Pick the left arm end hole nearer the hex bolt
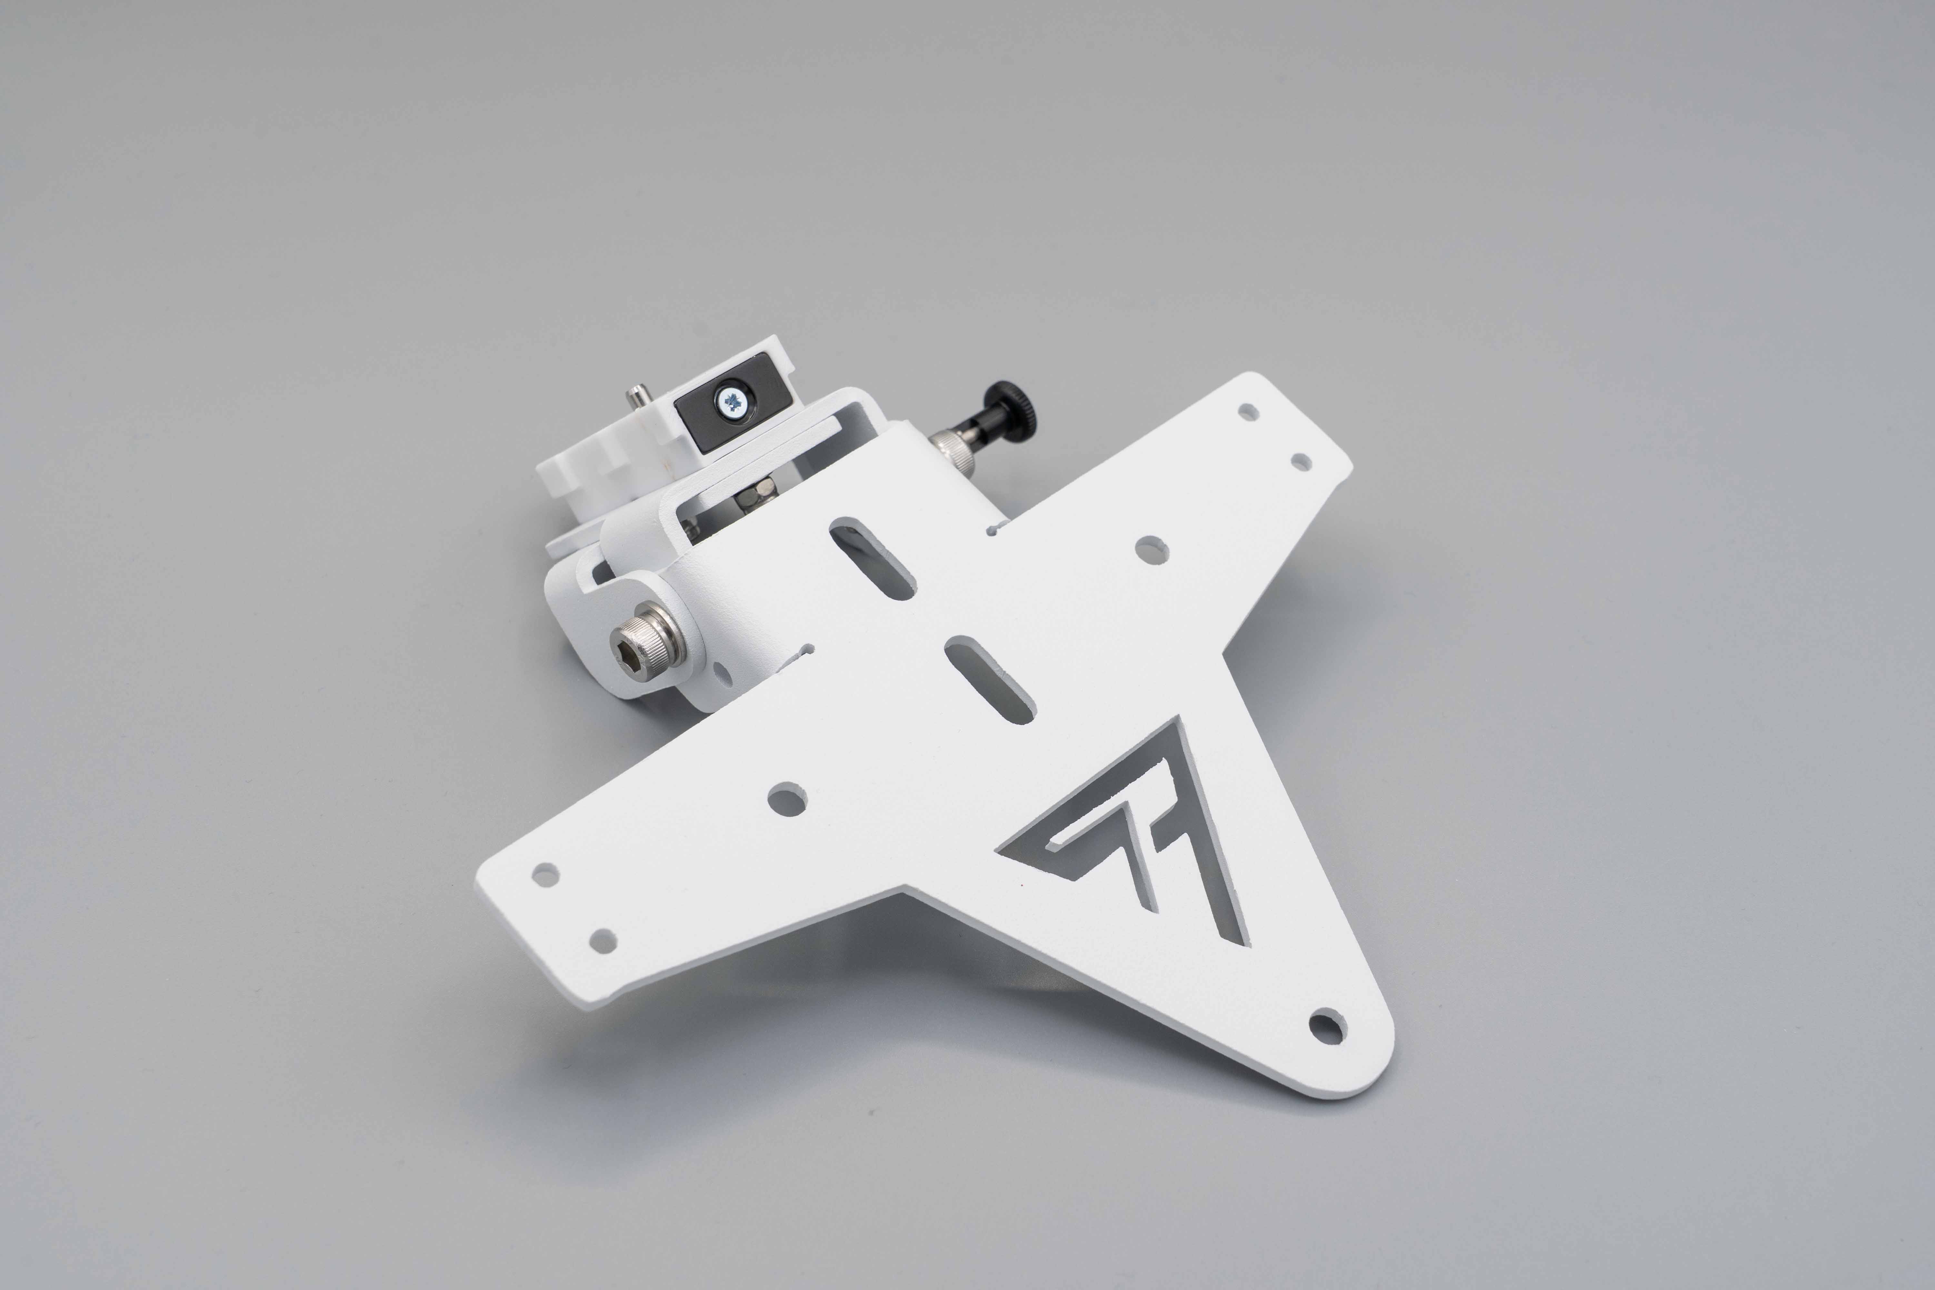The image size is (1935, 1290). (x=545, y=873)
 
